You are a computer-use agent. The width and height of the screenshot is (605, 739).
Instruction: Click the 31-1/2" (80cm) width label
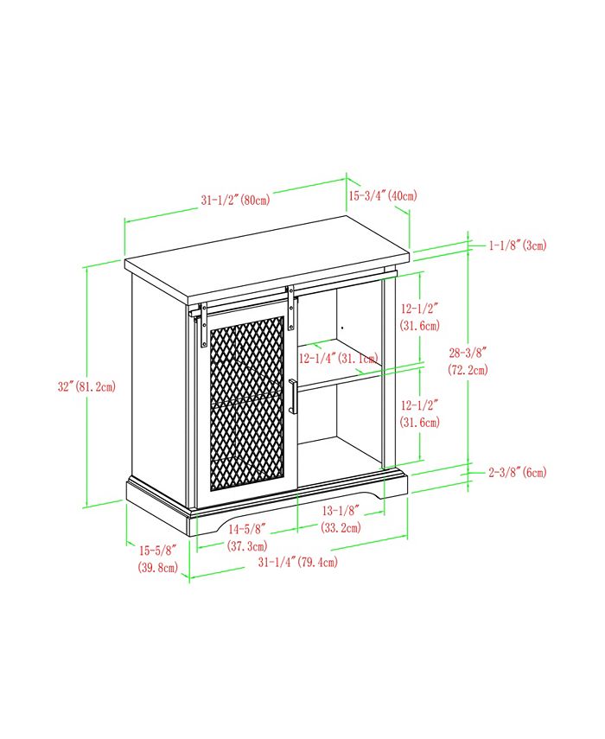(236, 200)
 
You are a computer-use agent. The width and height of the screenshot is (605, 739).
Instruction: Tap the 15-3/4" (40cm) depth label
(383, 195)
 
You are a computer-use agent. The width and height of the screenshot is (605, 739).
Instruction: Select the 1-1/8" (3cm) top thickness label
(518, 245)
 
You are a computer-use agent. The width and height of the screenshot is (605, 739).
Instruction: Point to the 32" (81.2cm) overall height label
(86, 387)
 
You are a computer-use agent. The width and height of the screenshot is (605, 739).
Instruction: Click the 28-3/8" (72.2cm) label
(468, 361)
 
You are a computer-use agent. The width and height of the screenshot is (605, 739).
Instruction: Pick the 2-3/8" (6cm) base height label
(518, 472)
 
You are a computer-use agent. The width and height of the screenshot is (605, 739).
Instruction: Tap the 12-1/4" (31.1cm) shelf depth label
(339, 359)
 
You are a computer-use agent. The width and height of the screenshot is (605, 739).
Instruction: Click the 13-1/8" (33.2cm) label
(341, 519)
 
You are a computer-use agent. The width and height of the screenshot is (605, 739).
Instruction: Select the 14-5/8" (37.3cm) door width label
(247, 538)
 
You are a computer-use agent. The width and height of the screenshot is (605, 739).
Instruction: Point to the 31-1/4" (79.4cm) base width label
(298, 562)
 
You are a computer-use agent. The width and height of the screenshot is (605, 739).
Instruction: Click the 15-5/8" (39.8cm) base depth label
(158, 558)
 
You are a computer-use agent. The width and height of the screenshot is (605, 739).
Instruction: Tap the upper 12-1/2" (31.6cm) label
(420, 317)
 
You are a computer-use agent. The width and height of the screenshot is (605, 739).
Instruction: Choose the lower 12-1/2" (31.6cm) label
(420, 413)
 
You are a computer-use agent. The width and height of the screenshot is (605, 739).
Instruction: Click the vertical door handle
(293, 397)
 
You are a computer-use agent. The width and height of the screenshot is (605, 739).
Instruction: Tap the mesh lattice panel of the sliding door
(247, 404)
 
